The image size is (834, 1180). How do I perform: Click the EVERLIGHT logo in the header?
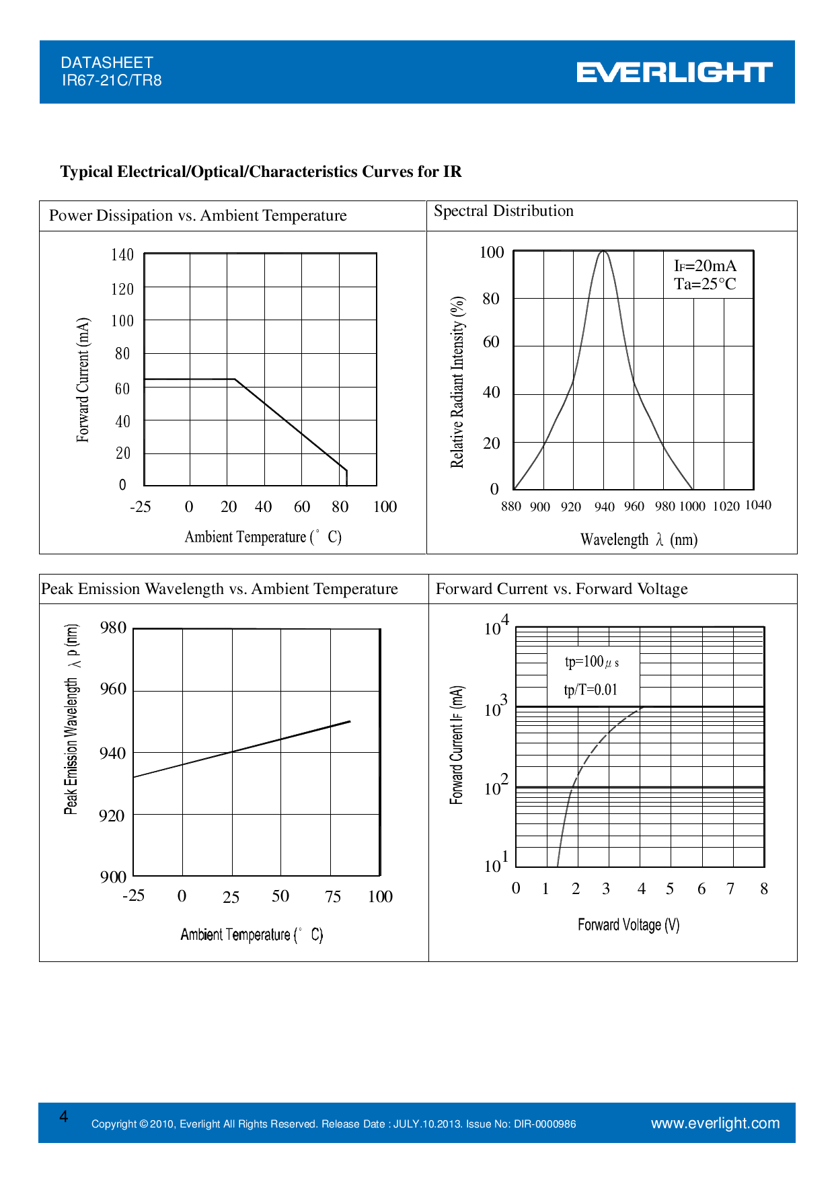click(x=674, y=72)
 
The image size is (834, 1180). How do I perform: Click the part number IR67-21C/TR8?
click(x=112, y=81)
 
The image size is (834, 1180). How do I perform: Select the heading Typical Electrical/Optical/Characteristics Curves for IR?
click(x=261, y=172)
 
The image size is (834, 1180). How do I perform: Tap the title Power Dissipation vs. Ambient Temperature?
click(x=198, y=215)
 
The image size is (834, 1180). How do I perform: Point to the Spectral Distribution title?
click(x=503, y=211)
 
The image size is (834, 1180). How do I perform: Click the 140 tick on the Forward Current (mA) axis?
click(x=122, y=255)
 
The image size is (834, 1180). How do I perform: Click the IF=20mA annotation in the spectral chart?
click(x=705, y=266)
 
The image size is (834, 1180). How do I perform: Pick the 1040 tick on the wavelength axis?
click(x=758, y=505)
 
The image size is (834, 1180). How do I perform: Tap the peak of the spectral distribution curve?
click(x=604, y=252)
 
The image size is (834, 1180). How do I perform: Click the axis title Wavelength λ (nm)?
click(x=639, y=540)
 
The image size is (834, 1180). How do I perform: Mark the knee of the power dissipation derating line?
click(x=235, y=379)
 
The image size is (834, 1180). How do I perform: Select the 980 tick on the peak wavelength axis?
click(x=113, y=628)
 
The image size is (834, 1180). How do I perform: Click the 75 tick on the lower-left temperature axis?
click(x=333, y=897)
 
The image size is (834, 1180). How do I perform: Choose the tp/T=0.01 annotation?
click(x=591, y=690)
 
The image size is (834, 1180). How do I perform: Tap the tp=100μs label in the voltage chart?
click(x=592, y=662)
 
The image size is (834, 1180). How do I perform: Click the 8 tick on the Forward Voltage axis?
click(x=764, y=889)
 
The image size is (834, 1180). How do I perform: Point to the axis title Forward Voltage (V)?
click(x=628, y=925)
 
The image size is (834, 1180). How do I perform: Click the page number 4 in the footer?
click(x=64, y=1117)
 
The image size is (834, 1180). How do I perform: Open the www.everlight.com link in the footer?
click(x=715, y=1123)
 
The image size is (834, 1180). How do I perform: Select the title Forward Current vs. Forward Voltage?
click(x=562, y=589)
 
